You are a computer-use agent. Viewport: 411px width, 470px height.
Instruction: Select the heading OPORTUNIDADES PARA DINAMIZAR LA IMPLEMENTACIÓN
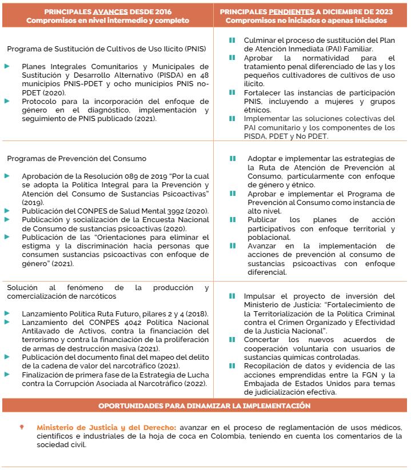[205, 405]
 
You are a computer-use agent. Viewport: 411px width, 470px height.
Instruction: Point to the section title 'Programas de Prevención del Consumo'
[77, 158]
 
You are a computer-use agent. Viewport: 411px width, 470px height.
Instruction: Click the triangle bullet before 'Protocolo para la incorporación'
[7, 101]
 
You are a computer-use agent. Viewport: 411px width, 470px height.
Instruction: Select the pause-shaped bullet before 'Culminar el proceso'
[232, 41]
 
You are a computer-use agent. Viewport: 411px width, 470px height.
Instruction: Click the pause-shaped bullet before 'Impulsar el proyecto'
[232, 296]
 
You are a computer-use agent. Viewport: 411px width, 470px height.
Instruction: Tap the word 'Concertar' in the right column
[262, 339]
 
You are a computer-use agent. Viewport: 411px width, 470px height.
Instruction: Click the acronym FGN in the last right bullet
[362, 374]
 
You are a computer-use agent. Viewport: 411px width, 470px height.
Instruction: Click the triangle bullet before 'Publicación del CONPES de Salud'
[7, 211]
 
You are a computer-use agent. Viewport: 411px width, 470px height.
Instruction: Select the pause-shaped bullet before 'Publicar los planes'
[232, 220]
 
